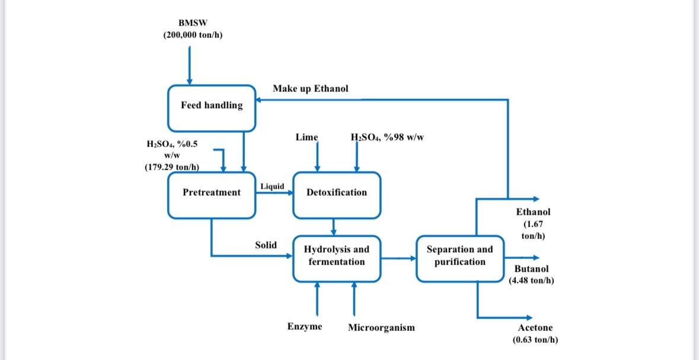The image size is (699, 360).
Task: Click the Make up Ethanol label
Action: point(311,88)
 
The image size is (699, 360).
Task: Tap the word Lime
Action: point(307,137)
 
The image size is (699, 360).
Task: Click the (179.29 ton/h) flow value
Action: point(171,167)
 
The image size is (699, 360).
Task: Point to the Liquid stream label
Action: point(272,186)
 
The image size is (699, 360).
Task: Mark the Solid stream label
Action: point(266,245)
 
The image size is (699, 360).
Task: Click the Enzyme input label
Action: point(305,327)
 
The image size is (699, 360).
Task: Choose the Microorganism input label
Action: point(381,327)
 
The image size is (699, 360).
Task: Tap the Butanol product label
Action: point(531,269)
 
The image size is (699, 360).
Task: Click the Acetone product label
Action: point(535,328)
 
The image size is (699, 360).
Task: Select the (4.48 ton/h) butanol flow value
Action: point(531,280)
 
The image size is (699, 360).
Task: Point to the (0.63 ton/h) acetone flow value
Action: point(535,340)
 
